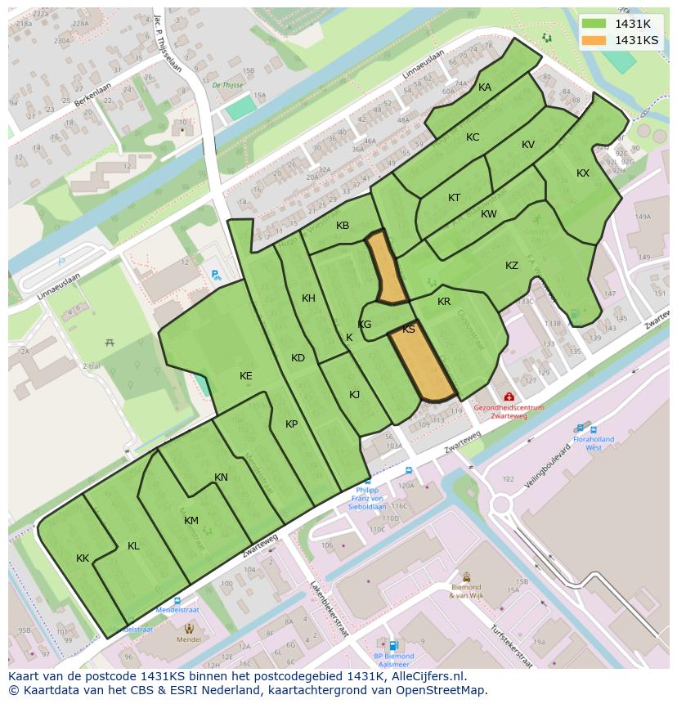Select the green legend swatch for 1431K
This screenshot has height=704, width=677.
coord(594,24)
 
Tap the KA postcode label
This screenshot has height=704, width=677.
coord(485,87)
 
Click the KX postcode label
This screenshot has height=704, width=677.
coord(583,173)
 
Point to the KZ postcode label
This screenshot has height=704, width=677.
coord(512,266)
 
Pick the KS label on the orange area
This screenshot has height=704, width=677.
coord(409,330)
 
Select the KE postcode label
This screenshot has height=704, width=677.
coord(246,376)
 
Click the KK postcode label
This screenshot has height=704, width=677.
coord(83,558)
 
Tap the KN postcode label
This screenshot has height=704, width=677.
coord(221,478)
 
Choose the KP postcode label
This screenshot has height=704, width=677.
coord(292,424)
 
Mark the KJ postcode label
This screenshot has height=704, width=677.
coord(355,395)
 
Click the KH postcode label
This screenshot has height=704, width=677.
coord(308,298)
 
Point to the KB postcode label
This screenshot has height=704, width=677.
coord(343,226)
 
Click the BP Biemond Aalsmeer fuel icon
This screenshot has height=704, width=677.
coord(394,645)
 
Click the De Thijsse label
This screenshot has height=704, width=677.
coord(227,84)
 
